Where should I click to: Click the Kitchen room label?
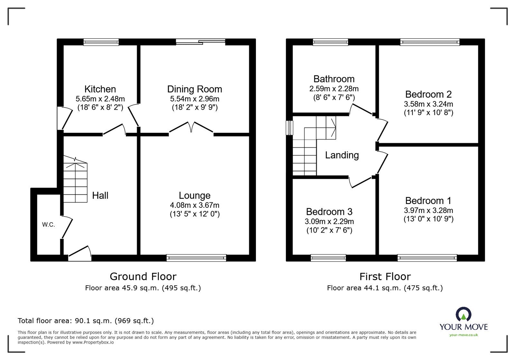click(x=100, y=89)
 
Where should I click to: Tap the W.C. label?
click(x=48, y=225)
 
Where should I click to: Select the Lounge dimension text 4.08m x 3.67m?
click(x=194, y=205)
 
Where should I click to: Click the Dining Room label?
click(x=194, y=89)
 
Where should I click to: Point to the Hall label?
click(x=100, y=195)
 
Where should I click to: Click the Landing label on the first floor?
click(x=342, y=155)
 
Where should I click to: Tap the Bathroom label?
click(x=334, y=79)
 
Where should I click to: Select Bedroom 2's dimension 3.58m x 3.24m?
click(x=428, y=104)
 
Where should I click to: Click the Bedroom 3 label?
click(x=329, y=211)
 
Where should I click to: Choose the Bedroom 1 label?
click(x=428, y=200)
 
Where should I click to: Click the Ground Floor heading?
click(x=143, y=276)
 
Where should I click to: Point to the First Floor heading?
click(x=385, y=276)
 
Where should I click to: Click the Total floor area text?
click(x=86, y=321)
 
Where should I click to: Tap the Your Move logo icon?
click(x=464, y=314)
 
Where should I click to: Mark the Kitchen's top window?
click(x=101, y=42)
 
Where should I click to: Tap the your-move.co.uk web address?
click(x=464, y=335)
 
